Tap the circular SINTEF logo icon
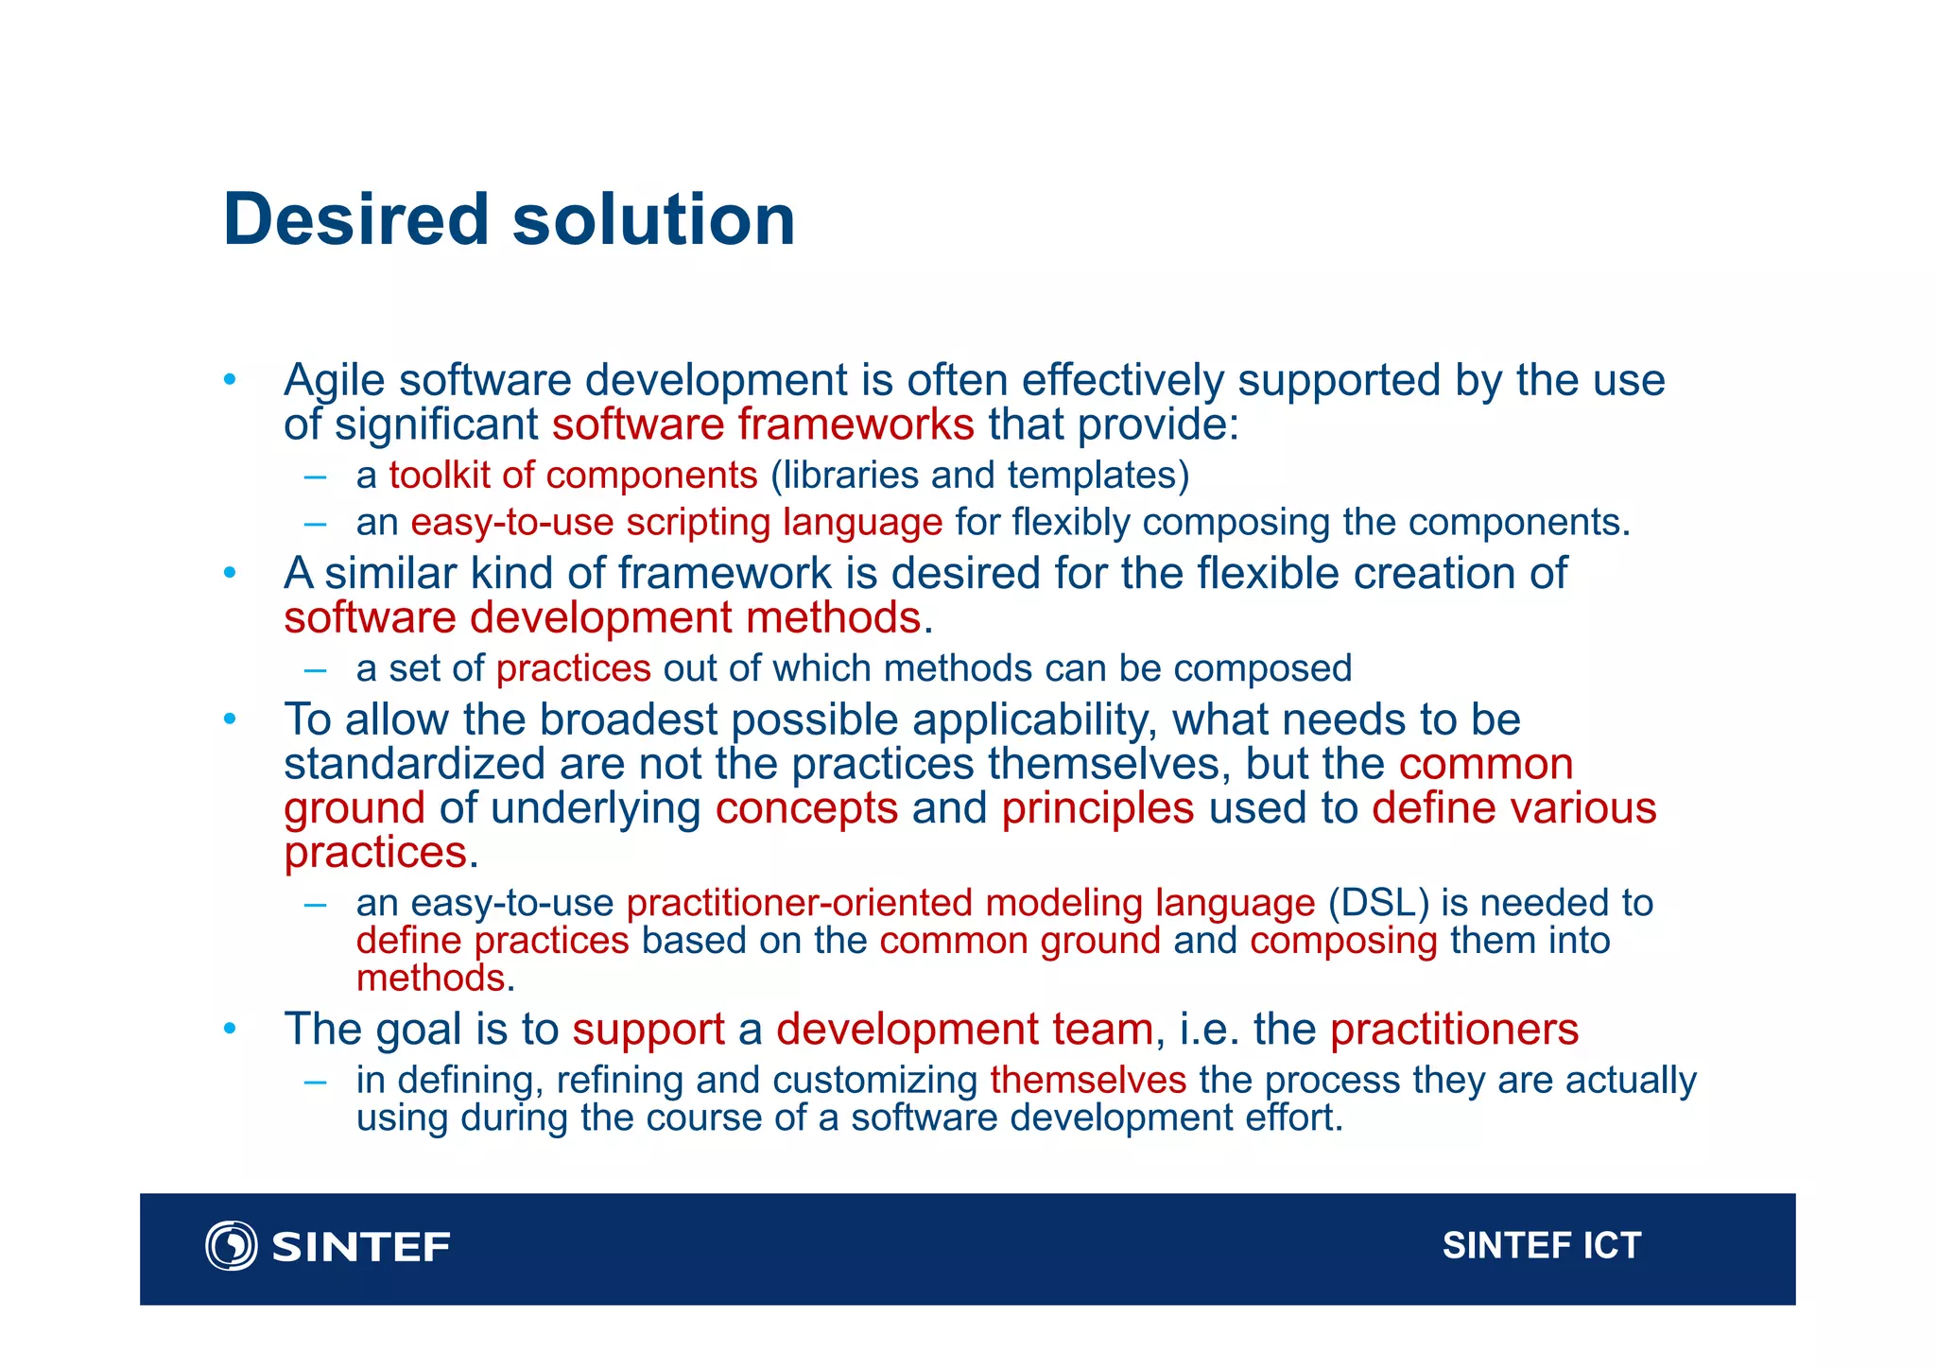click(231, 1246)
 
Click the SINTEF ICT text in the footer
click(1541, 1246)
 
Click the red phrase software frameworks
click(763, 425)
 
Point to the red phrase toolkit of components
click(573, 476)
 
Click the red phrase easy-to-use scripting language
click(676, 523)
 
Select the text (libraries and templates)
click(979, 476)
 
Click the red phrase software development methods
click(602, 618)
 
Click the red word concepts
click(806, 809)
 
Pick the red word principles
click(1098, 809)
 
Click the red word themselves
click(1088, 1080)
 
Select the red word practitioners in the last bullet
click(1454, 1030)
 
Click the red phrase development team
click(964, 1030)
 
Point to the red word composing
click(1343, 942)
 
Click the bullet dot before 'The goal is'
click(230, 1028)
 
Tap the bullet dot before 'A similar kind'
click(230, 573)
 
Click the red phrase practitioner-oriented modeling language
click(970, 904)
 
